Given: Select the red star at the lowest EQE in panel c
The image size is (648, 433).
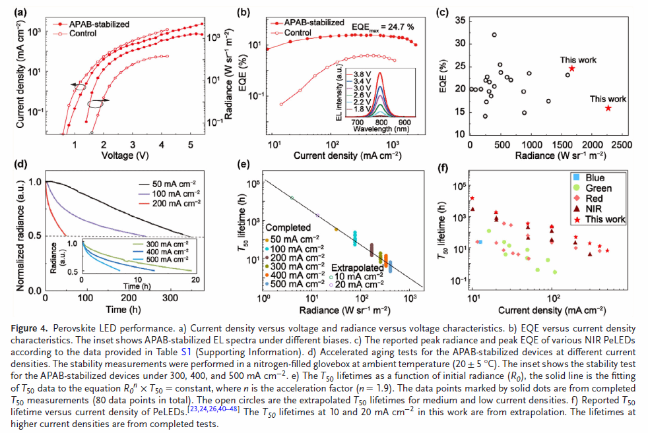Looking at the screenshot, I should [x=608, y=107].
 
